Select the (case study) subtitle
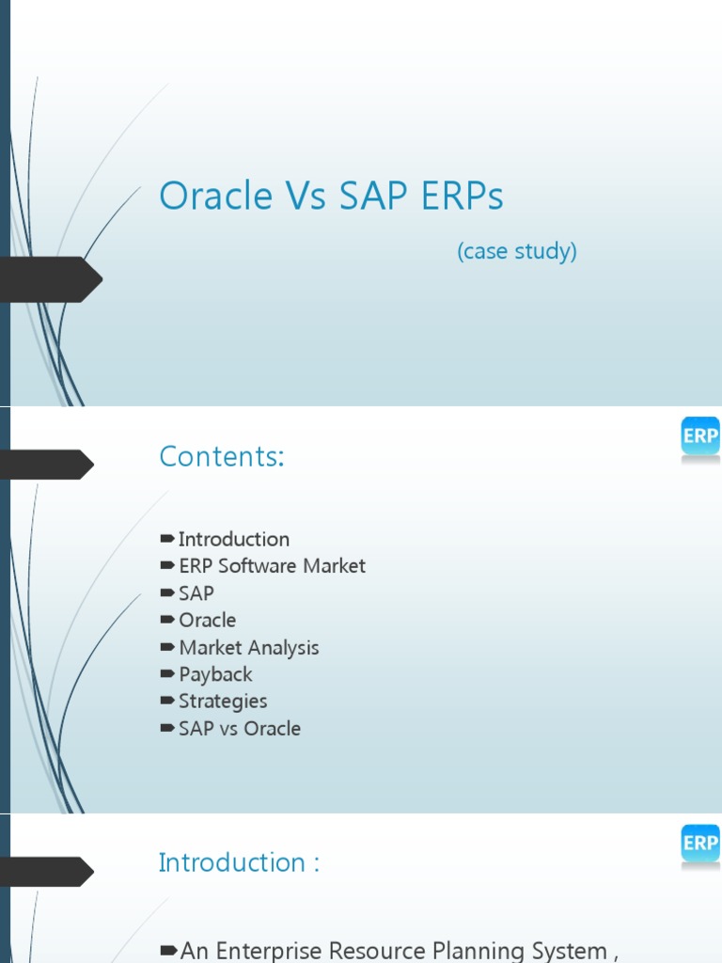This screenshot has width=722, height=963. point(516,251)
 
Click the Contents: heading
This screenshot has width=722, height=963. point(221,456)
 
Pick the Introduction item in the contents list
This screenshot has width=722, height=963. point(233,539)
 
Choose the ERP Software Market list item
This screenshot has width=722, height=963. point(272,566)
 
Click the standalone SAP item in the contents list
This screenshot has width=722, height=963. point(196,593)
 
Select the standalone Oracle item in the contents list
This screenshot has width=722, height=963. point(207,621)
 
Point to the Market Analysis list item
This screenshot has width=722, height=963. point(248,648)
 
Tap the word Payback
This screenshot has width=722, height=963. point(215,674)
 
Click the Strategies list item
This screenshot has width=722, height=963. point(223,702)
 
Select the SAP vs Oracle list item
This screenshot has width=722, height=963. point(240,729)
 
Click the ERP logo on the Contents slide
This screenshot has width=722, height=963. point(699,437)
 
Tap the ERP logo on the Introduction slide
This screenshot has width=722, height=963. point(699,844)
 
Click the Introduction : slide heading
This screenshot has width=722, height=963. point(239,862)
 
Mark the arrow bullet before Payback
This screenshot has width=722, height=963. point(167,674)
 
